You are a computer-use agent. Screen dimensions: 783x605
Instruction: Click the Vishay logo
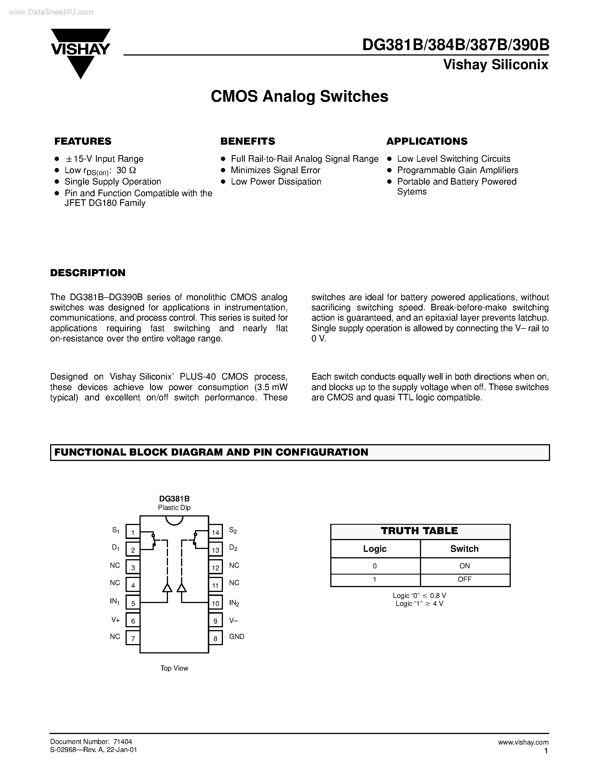[x=81, y=52]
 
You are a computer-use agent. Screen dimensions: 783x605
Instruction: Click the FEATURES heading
[x=83, y=141]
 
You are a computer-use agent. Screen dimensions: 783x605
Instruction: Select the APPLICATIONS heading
[x=426, y=141]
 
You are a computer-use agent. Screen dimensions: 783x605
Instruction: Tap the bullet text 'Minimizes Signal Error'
[x=275, y=170]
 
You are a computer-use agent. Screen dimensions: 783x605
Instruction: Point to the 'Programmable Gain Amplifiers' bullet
[x=457, y=170]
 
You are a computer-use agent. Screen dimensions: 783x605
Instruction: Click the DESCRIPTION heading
[x=88, y=273]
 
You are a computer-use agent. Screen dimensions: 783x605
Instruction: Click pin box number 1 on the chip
[x=133, y=532]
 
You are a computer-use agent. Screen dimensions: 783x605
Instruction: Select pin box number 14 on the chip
[x=216, y=532]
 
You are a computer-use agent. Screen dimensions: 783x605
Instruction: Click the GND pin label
[x=237, y=636]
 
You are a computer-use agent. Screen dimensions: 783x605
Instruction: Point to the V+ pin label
[x=115, y=620]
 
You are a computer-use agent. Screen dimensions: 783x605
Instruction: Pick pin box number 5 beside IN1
[x=133, y=603]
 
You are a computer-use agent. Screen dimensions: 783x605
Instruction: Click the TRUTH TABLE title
[x=419, y=531]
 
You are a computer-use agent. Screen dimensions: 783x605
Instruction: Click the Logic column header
[x=375, y=549]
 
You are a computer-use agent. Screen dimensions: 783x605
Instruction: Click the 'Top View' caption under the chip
[x=174, y=668]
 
